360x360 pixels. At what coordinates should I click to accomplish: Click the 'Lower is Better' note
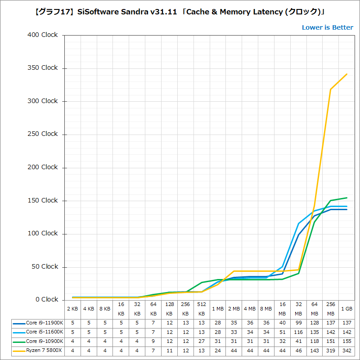click(x=327, y=27)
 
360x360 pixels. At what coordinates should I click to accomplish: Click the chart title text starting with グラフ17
click(x=180, y=10)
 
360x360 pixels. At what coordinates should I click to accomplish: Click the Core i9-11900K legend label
click(x=45, y=323)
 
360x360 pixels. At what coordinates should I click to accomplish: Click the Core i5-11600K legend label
click(x=45, y=332)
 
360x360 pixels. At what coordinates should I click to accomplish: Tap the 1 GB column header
click(x=346, y=309)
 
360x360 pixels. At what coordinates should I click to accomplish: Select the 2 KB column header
click(x=72, y=309)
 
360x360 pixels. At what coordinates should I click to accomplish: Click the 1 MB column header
click(x=218, y=309)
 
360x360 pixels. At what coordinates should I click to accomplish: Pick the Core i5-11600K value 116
click(x=298, y=332)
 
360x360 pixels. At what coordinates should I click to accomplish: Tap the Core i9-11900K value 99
click(x=298, y=323)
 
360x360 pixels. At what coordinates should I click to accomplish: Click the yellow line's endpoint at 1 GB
click(x=346, y=74)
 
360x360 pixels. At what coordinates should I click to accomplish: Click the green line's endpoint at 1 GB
click(x=346, y=198)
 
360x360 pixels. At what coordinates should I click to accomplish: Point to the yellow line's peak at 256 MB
click(x=331, y=89)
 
